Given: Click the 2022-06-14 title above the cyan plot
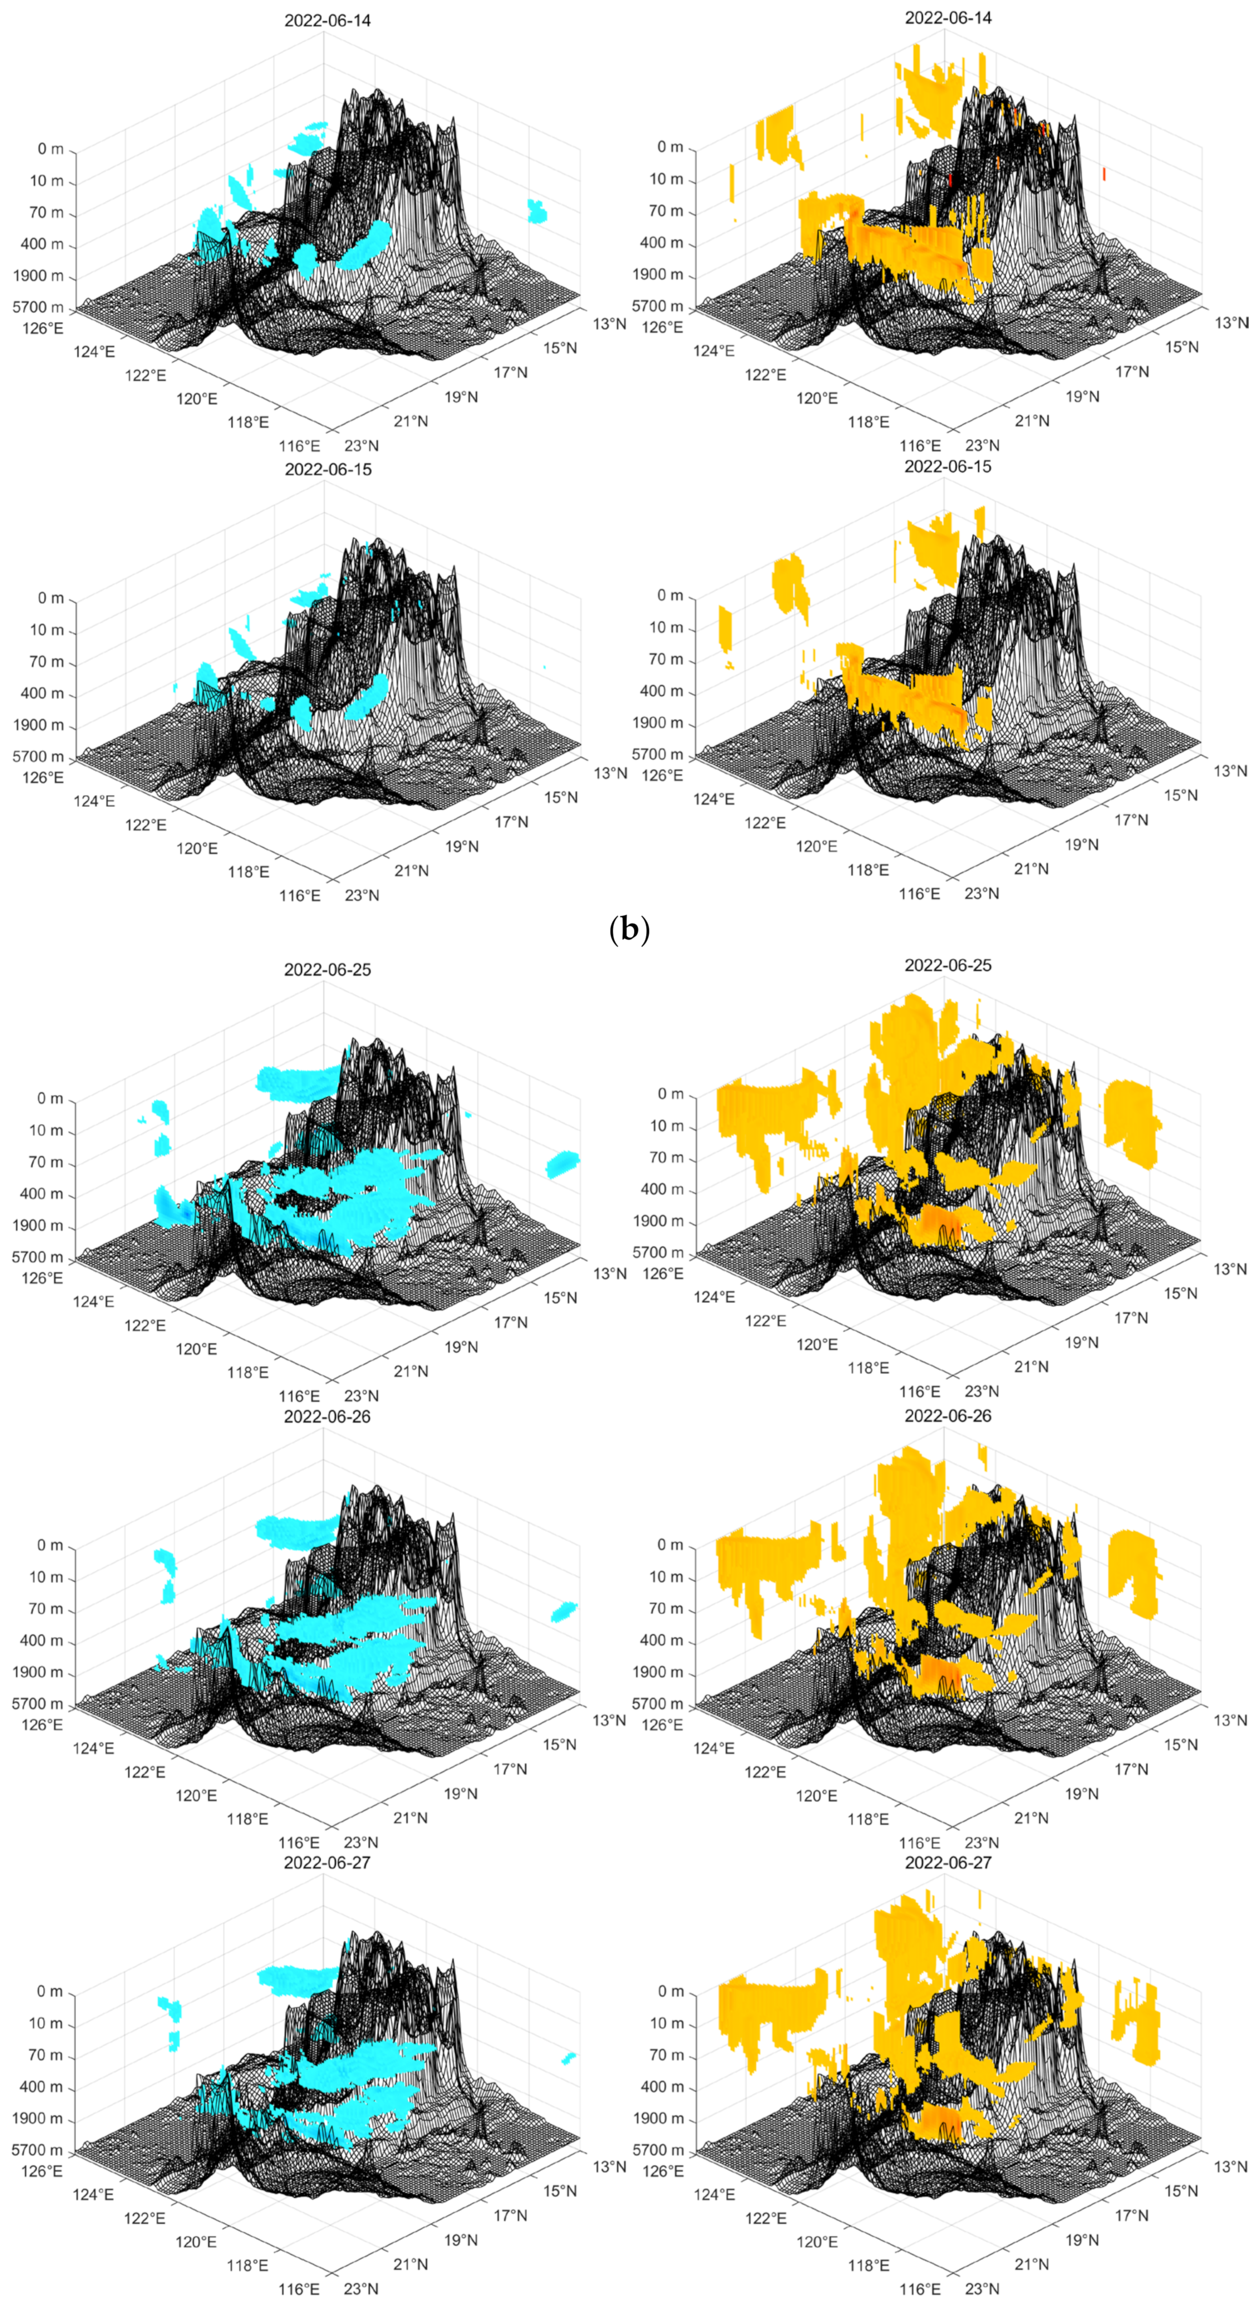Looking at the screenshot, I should coord(327,20).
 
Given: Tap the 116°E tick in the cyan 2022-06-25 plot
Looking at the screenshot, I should coord(299,1395).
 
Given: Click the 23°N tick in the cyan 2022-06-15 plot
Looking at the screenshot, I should coord(362,895).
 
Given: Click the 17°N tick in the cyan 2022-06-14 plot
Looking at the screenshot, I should coord(510,372).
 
